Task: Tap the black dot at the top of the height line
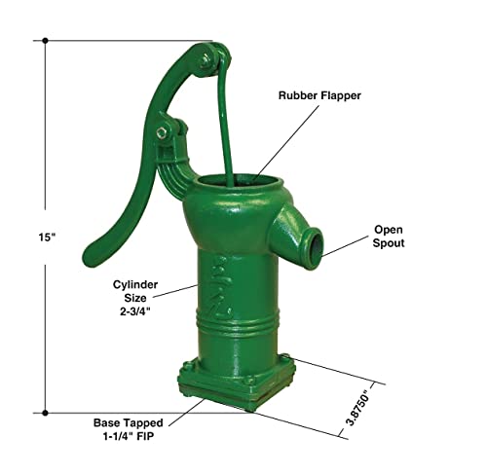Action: click(x=44, y=41)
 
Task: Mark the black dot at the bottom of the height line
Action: click(x=44, y=414)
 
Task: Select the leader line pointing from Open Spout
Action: click(x=345, y=244)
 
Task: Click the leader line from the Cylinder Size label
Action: click(x=179, y=289)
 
